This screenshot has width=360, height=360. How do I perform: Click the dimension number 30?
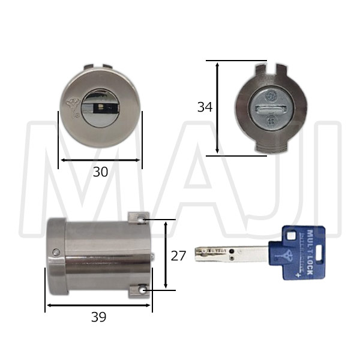coord(100,172)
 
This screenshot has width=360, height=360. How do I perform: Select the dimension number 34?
coord(205,107)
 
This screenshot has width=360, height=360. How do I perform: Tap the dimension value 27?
coord(178,256)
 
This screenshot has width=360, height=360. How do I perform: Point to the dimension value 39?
coord(99,317)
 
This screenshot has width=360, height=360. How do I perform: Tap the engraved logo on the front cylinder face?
coord(72,107)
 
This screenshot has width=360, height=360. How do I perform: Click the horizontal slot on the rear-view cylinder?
coord(271,108)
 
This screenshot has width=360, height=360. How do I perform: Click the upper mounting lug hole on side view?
coord(141,220)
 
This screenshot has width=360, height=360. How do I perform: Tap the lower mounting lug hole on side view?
coord(142,291)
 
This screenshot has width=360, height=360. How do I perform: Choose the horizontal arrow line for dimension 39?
coord(99,305)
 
